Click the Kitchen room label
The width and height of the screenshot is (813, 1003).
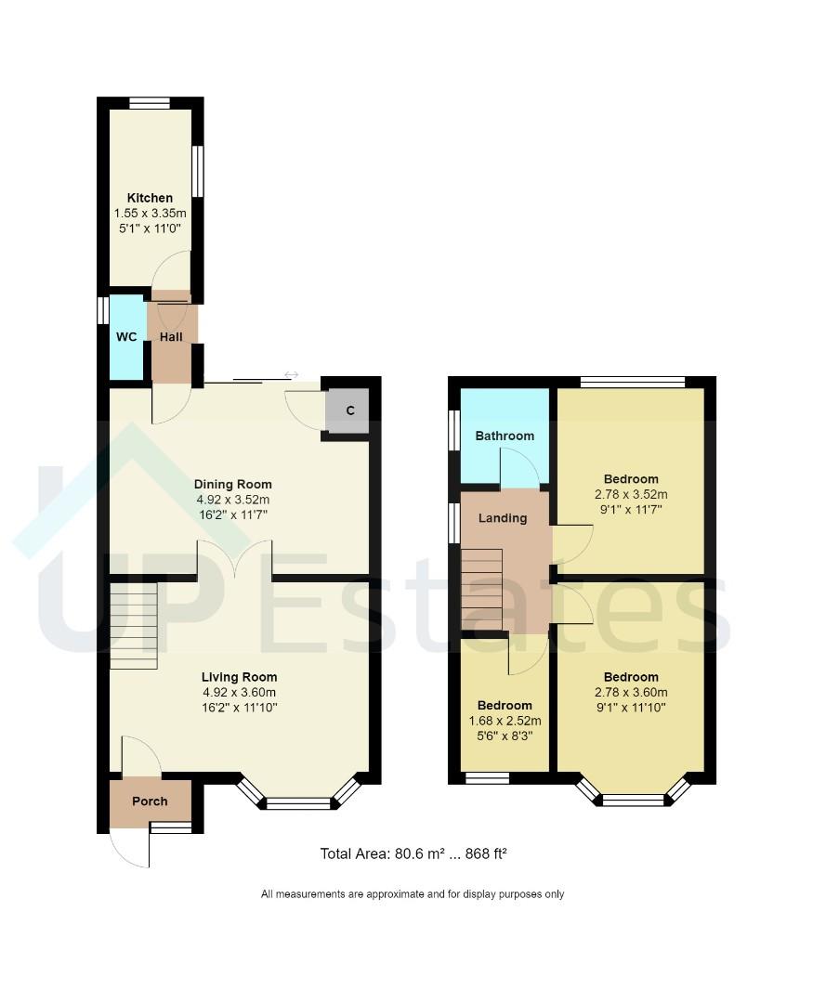click(150, 198)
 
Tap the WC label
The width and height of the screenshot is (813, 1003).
click(126, 337)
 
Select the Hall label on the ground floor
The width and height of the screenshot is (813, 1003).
click(171, 337)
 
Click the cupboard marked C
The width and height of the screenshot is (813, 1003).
click(350, 410)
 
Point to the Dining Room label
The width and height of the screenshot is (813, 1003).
click(232, 484)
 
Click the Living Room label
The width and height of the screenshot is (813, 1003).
click(240, 677)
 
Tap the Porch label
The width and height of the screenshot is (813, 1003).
click(150, 801)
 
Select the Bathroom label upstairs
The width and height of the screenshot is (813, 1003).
click(505, 436)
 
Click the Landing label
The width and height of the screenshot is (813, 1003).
click(503, 518)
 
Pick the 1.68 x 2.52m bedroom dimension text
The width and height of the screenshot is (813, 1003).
click(505, 721)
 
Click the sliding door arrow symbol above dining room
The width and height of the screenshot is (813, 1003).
click(291, 374)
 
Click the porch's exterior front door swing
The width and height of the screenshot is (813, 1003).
click(130, 847)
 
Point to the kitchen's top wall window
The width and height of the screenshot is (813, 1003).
click(150, 103)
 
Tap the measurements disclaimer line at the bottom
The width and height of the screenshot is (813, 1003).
click(413, 894)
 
